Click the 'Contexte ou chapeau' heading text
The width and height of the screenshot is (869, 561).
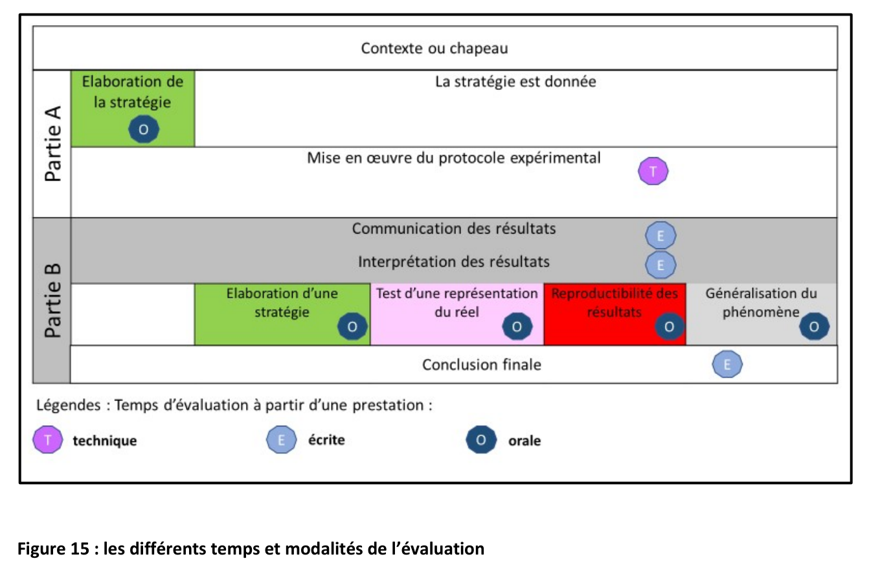pyautogui.click(x=434, y=49)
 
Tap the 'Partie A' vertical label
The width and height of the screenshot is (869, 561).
pyautogui.click(x=53, y=144)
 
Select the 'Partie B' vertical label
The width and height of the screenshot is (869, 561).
pyautogui.click(x=53, y=300)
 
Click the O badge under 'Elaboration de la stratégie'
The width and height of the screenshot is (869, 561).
pyautogui.click(x=144, y=129)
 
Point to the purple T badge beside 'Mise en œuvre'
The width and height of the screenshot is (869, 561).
pyautogui.click(x=653, y=171)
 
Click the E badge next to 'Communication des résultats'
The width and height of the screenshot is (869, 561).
pyautogui.click(x=660, y=236)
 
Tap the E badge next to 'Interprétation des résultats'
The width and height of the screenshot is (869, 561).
pyautogui.click(x=660, y=265)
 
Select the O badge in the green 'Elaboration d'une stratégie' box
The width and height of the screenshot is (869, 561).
pyautogui.click(x=352, y=327)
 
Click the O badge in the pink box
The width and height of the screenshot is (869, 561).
pyautogui.click(x=517, y=327)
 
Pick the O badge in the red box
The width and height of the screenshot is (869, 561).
pyautogui.click(x=670, y=327)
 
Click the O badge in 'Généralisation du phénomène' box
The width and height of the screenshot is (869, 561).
pyautogui.click(x=815, y=327)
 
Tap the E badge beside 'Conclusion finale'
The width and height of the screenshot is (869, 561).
pyautogui.click(x=727, y=364)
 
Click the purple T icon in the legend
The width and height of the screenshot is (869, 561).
pyautogui.click(x=48, y=439)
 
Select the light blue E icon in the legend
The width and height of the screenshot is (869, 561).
pyautogui.click(x=281, y=439)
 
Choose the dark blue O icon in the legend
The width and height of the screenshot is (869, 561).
pyautogui.click(x=481, y=439)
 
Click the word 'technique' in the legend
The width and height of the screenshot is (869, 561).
pyautogui.click(x=105, y=441)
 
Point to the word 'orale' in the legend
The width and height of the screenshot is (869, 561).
pyautogui.click(x=525, y=441)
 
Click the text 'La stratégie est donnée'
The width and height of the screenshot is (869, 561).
pyautogui.click(x=515, y=82)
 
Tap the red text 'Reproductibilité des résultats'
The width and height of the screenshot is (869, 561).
pyautogui.click(x=615, y=303)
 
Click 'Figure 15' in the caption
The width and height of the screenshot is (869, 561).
pyautogui.click(x=53, y=549)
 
